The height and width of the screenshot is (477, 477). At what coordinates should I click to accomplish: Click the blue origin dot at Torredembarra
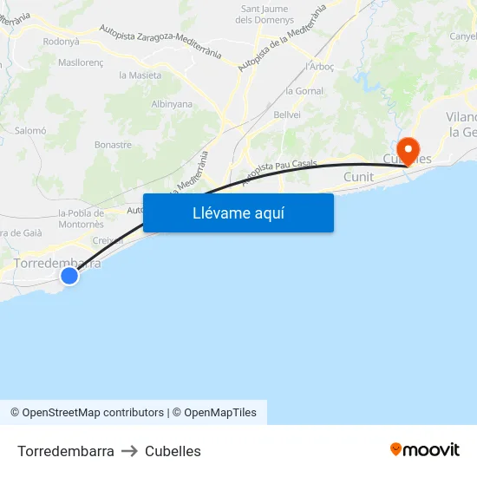click(69, 276)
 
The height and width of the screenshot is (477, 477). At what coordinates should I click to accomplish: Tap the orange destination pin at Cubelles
click(408, 147)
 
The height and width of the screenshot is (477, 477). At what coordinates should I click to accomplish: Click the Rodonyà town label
click(61, 41)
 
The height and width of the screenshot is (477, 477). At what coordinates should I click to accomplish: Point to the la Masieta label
click(140, 75)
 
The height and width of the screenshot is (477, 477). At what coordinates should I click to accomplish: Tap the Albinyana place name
click(172, 104)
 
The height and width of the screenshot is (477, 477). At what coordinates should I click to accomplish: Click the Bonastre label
click(113, 145)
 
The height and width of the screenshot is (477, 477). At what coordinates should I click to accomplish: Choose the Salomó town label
click(30, 130)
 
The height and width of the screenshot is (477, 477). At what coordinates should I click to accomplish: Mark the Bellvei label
click(287, 114)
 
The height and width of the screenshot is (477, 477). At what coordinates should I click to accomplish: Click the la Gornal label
click(304, 91)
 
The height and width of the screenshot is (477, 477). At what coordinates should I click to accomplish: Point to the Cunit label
click(358, 177)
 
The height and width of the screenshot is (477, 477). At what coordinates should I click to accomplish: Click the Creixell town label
click(108, 240)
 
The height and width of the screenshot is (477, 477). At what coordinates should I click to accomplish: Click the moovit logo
click(425, 450)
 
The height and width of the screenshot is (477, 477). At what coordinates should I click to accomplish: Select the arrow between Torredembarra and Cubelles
click(129, 451)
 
